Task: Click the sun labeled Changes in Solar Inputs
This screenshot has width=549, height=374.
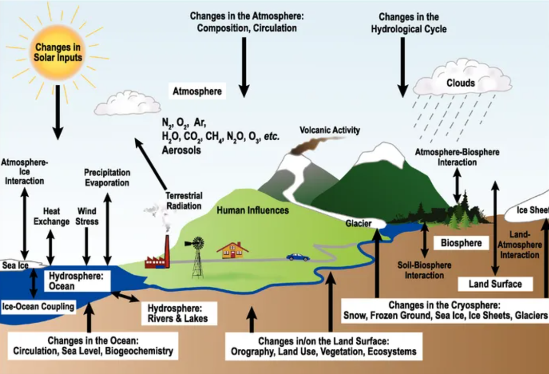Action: pyautogui.click(x=58, y=52)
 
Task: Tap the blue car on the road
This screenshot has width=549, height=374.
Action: pyautogui.click(x=298, y=257)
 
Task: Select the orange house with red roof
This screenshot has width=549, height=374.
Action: pyautogui.click(x=232, y=250)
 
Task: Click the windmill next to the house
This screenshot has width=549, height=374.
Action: pyautogui.click(x=197, y=257)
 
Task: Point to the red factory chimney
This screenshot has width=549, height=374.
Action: pyautogui.click(x=168, y=251)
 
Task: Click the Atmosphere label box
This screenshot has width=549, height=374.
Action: pyautogui.click(x=197, y=91)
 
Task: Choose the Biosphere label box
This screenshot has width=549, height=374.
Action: pyautogui.click(x=461, y=243)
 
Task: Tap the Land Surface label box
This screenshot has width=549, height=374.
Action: pyautogui.click(x=495, y=284)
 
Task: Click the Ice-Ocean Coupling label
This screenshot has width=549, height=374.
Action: pyautogui.click(x=38, y=307)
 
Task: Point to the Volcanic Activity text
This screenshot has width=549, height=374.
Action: pyautogui.click(x=330, y=130)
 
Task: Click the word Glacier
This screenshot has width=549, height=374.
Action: pyautogui.click(x=358, y=223)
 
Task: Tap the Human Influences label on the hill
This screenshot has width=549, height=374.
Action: pyautogui.click(x=253, y=210)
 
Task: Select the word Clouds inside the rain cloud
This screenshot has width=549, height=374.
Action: pyautogui.click(x=461, y=83)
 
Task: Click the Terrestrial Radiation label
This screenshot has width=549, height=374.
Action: pyautogui.click(x=184, y=200)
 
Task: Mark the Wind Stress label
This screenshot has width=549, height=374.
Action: pyautogui.click(x=87, y=216)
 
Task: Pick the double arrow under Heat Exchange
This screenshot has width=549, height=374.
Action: pyautogui.click(x=50, y=247)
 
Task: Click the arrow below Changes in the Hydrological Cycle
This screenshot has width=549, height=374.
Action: pyautogui.click(x=402, y=67)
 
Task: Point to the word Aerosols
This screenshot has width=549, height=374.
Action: pyautogui.click(x=181, y=151)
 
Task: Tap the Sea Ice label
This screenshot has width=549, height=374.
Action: pyautogui.click(x=15, y=266)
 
